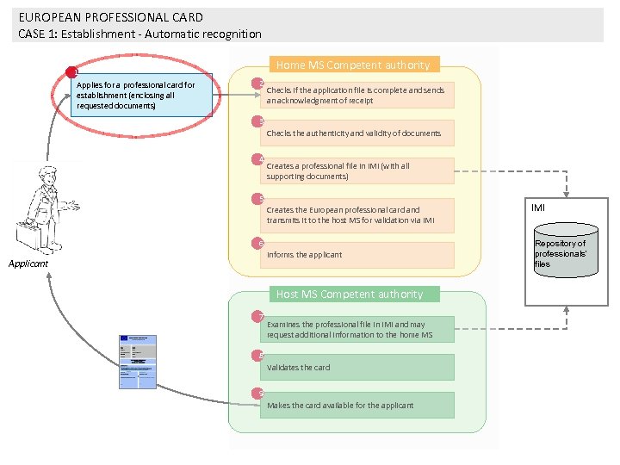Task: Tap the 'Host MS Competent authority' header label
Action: click(349, 294)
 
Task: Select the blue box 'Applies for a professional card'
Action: click(143, 96)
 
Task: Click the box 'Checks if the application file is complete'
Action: click(356, 95)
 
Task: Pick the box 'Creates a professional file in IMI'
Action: click(356, 170)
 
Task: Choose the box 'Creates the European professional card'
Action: click(356, 214)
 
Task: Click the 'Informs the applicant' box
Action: click(356, 255)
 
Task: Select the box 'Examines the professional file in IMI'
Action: click(356, 329)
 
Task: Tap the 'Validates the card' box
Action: click(356, 367)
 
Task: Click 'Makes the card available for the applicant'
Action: click(356, 405)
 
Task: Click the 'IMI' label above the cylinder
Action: click(538, 208)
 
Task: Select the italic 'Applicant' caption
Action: click(28, 263)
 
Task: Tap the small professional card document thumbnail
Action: click(137, 361)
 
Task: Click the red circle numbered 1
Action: click(72, 72)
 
